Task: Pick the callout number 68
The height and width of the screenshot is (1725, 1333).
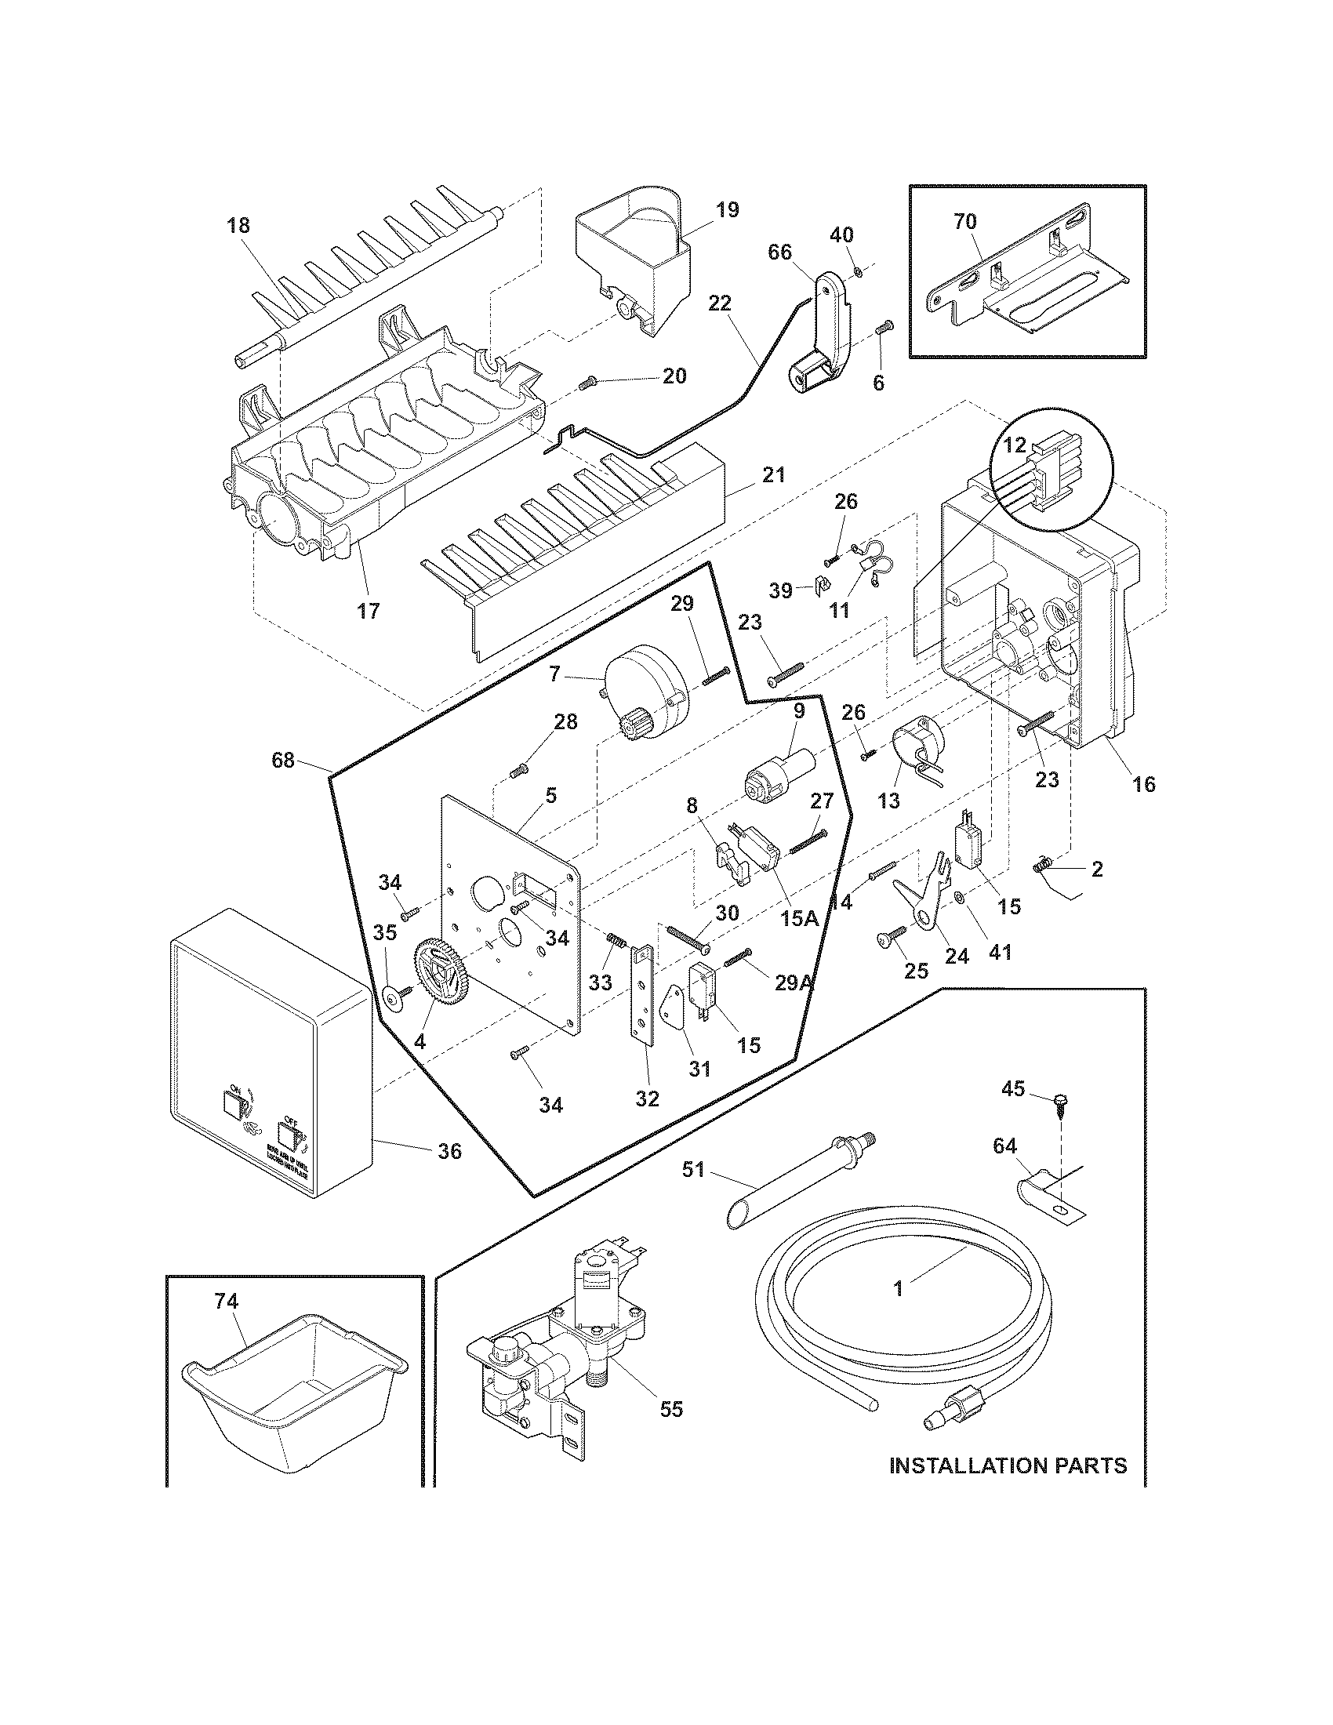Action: (x=282, y=761)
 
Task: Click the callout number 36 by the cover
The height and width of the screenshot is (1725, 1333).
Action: (x=450, y=1152)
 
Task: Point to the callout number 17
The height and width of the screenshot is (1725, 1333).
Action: (x=368, y=611)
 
